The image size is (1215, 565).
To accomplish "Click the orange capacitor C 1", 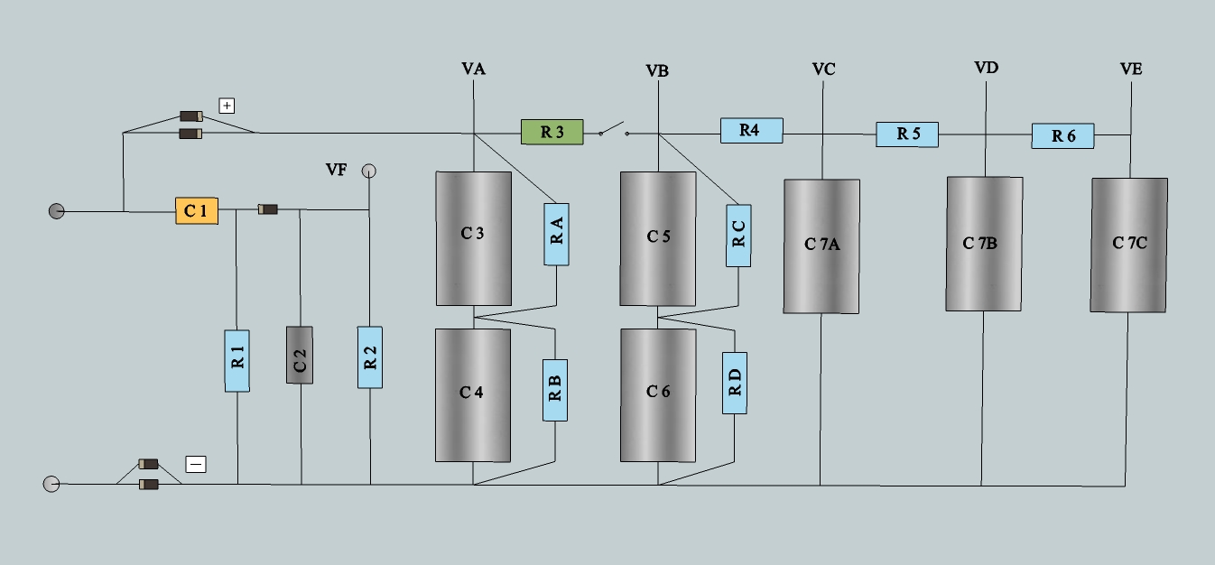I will pyautogui.click(x=197, y=212).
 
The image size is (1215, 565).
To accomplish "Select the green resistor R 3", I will pyautogui.click(x=552, y=133).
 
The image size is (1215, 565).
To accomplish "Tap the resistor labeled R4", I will pyautogui.click(x=751, y=131).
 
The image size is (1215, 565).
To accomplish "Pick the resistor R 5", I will pyautogui.click(x=907, y=134).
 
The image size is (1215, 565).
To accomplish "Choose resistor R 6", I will pyautogui.click(x=1062, y=136).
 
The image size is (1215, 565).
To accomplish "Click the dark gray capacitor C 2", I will pyautogui.click(x=300, y=355).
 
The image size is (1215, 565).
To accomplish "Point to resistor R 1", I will pyautogui.click(x=237, y=360).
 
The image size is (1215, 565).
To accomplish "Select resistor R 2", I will pyautogui.click(x=369, y=357).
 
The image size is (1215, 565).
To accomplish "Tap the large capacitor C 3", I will pyautogui.click(x=473, y=238).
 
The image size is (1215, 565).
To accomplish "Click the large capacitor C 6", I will pyautogui.click(x=658, y=394).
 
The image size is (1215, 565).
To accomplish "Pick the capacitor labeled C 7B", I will pyautogui.click(x=984, y=244).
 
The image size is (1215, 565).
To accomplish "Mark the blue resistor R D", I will pyautogui.click(x=735, y=383).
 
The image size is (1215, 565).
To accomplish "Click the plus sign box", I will pyautogui.click(x=227, y=106).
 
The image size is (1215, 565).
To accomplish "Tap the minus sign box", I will pyautogui.click(x=196, y=465).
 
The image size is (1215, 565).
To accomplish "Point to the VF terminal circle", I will pyautogui.click(x=368, y=170).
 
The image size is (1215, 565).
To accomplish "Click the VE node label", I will pyautogui.click(x=1130, y=69).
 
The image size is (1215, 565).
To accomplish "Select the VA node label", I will pyautogui.click(x=473, y=69).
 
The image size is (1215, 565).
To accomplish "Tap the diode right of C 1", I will pyautogui.click(x=267, y=209).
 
